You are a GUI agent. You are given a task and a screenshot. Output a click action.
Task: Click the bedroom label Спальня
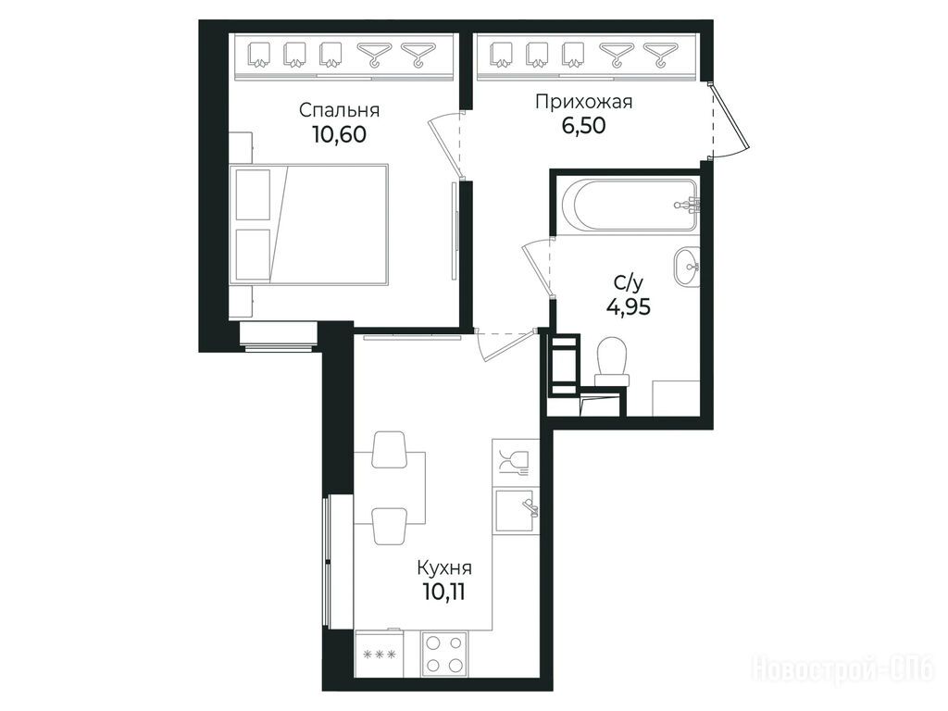[x=339, y=111]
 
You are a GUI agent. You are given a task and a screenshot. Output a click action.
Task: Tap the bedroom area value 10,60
[x=339, y=134]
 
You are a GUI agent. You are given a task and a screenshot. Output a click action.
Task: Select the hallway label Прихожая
[x=583, y=102]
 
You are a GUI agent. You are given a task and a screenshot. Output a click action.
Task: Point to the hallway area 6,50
[x=583, y=125]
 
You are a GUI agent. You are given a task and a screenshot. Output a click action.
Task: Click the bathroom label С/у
[x=629, y=282]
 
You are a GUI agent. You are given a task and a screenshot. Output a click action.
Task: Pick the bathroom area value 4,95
[x=629, y=306]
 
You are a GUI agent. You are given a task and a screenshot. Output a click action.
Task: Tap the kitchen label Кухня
[x=444, y=568]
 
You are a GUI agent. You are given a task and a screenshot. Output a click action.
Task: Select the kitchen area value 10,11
[x=444, y=592]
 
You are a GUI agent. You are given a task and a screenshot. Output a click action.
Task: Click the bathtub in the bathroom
[x=630, y=205]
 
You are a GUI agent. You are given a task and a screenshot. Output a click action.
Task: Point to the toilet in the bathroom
[x=613, y=362]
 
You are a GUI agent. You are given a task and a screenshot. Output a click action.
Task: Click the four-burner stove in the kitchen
[x=444, y=653]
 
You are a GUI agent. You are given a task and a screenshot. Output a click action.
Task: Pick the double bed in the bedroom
[x=308, y=223]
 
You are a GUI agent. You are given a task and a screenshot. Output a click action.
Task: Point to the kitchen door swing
[x=506, y=344]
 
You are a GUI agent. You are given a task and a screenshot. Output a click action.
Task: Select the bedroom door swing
[x=445, y=145]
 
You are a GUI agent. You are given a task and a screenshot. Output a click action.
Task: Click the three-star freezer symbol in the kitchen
[x=379, y=654]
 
